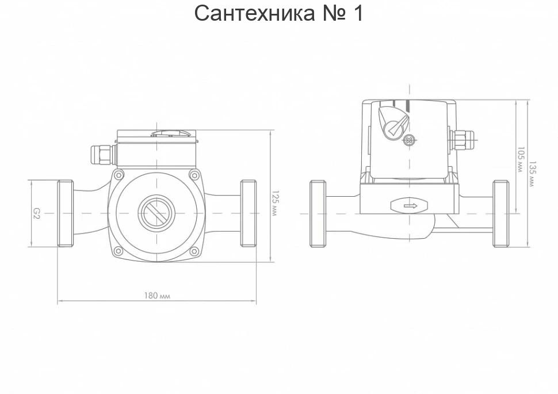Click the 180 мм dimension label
click(x=157, y=296)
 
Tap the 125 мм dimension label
click(x=275, y=204)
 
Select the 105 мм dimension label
click(x=521, y=160)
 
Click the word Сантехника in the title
click(x=254, y=13)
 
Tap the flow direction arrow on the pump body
click(x=410, y=206)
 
